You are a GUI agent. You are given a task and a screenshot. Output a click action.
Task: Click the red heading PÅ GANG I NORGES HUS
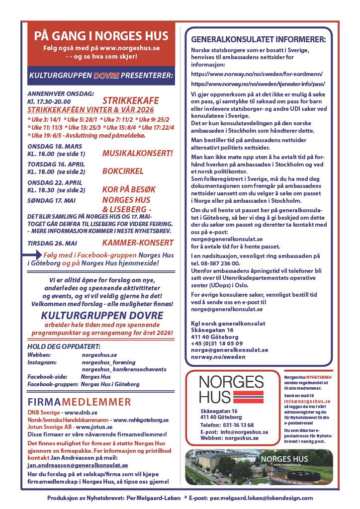101,36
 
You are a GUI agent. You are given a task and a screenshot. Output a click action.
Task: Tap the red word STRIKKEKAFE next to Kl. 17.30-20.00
129,100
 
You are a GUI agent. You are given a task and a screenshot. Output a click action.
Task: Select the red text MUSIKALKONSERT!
137,154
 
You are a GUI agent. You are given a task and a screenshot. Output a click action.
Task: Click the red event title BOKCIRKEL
122,171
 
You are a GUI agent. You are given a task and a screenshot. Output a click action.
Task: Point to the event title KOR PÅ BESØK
129,190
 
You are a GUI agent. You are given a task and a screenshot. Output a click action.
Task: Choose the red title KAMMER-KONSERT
138,243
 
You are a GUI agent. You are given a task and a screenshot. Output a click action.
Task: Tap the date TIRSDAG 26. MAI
51,243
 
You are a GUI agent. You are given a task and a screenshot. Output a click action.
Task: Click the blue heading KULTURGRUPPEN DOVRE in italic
102,315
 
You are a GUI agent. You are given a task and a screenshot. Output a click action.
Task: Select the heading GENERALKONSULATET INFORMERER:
259,39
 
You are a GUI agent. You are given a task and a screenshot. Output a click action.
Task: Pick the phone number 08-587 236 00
218,263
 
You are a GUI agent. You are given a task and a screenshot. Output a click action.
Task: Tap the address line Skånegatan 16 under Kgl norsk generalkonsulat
212,330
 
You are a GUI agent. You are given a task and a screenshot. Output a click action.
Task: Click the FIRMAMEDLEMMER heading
80,402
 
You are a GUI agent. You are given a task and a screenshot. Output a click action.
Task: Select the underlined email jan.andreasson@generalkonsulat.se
78,465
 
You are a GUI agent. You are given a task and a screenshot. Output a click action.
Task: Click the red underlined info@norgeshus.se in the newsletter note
307,401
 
